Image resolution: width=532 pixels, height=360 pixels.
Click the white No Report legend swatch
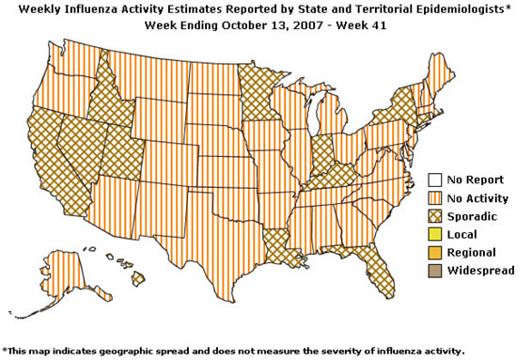coord(435,180)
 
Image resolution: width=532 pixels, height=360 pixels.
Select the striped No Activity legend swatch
coord(435,198)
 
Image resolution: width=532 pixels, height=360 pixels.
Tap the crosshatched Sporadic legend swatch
coord(435,216)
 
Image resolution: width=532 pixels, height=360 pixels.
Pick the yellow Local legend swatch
coord(435,234)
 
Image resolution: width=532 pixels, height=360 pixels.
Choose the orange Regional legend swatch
coord(435,252)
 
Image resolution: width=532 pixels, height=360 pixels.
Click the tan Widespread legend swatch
coord(435,270)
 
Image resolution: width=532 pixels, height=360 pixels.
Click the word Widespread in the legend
coord(481,271)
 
